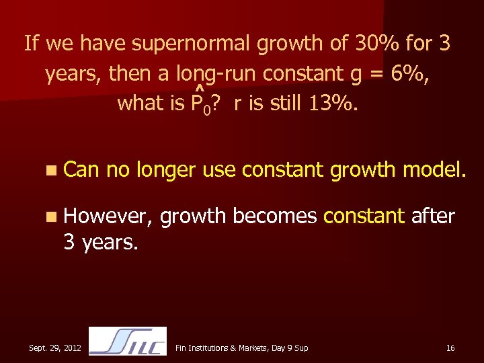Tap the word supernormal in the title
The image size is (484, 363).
point(192,44)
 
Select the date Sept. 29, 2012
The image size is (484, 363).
point(55,348)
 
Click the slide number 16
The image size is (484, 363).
point(450,348)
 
